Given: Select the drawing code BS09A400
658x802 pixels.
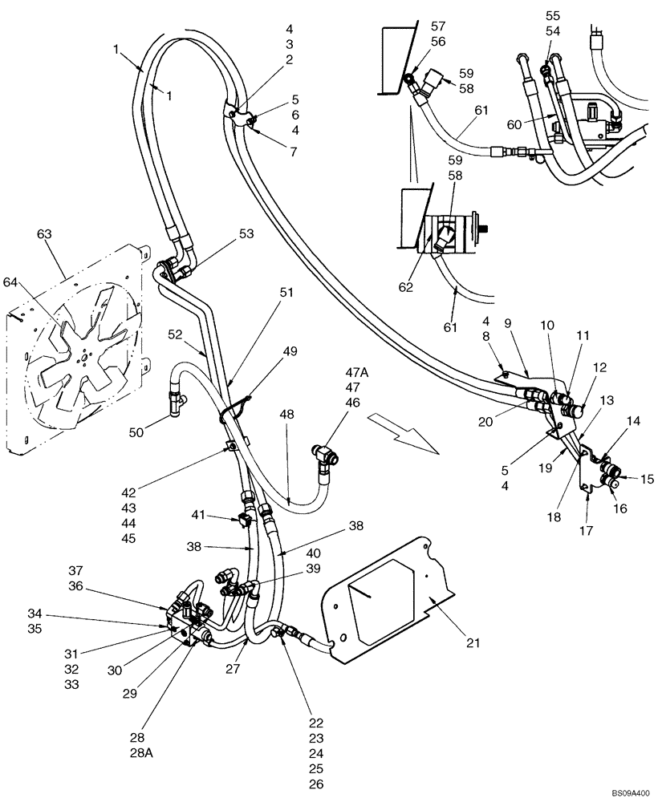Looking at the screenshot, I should tap(624, 792).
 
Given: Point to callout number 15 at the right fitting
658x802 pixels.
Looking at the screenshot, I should tap(647, 479).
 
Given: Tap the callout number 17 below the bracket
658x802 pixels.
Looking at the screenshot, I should tap(588, 530).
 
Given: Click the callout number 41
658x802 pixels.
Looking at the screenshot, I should tap(199, 514).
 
